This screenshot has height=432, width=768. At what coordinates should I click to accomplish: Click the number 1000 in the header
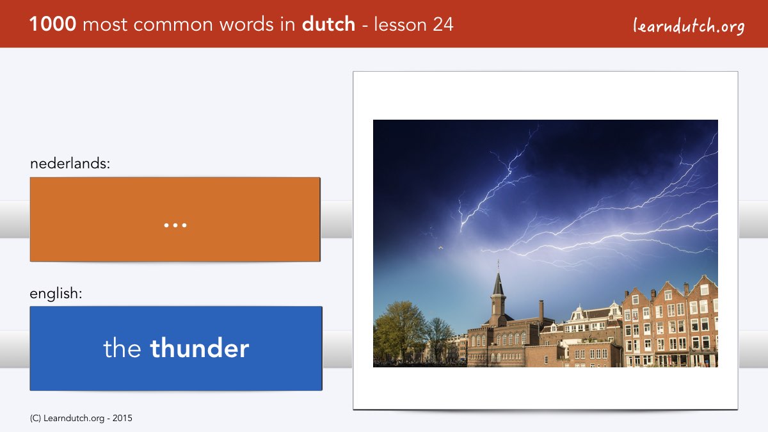click(x=52, y=24)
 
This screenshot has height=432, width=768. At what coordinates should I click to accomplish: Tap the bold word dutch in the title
click(x=328, y=24)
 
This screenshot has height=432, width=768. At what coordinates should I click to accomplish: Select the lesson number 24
click(x=443, y=24)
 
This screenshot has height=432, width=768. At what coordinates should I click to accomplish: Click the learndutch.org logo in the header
click(x=689, y=26)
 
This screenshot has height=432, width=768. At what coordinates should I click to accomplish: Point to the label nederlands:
click(x=70, y=163)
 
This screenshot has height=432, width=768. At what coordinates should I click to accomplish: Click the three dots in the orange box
click(x=175, y=225)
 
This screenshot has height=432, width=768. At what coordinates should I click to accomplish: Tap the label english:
click(x=56, y=294)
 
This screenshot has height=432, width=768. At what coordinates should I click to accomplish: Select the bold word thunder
click(x=200, y=348)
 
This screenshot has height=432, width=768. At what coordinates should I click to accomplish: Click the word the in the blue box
click(x=122, y=348)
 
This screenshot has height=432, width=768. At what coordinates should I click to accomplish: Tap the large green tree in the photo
click(x=399, y=330)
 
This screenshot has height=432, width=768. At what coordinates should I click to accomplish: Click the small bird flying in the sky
click(x=440, y=248)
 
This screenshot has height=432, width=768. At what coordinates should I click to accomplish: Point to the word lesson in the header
click(x=400, y=24)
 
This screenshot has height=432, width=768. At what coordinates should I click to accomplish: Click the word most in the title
click(x=105, y=25)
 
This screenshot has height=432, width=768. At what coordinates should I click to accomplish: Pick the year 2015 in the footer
click(x=122, y=419)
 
